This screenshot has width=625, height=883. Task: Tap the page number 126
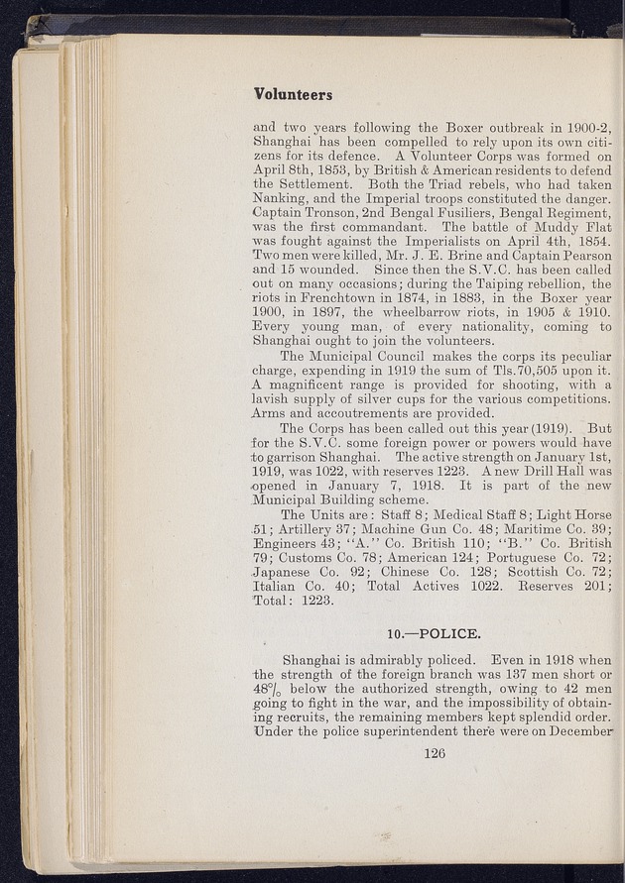tap(436, 752)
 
